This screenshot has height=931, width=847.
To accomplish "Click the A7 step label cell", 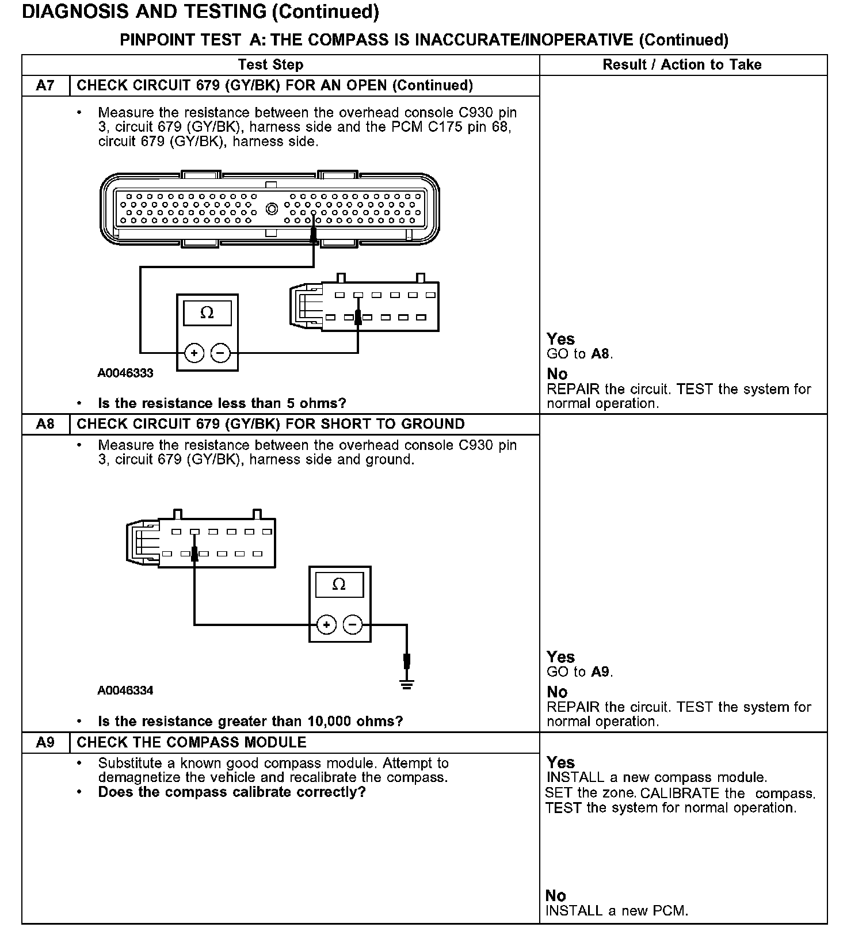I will point(45,86).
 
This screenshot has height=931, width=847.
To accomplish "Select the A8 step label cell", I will point(45,424).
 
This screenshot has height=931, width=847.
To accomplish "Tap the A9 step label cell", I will point(45,742).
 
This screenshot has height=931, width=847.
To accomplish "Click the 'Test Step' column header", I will point(270,64).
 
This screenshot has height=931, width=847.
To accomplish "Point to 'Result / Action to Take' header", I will point(682,64).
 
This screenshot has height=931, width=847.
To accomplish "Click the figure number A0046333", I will point(125,373).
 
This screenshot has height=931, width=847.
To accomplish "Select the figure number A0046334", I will point(125,690).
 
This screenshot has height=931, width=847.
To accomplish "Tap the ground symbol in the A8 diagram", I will point(407,684).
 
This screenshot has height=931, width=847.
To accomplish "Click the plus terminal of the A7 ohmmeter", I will point(194,353).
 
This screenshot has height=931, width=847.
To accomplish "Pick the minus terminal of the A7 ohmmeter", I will point(220,353).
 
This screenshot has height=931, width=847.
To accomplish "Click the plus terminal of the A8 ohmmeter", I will point(326,625).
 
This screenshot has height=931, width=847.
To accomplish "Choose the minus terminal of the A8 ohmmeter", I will point(353,625).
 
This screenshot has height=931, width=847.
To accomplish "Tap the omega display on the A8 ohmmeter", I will point(339,585).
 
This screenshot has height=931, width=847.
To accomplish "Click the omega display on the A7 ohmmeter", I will point(207,313).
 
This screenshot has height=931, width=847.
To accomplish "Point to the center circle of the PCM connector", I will point(272,208).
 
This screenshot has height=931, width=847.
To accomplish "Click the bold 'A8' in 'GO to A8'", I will point(600,353).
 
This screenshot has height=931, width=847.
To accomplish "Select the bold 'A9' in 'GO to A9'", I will point(600,671).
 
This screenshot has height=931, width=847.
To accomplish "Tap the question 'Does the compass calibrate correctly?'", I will point(232,792).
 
